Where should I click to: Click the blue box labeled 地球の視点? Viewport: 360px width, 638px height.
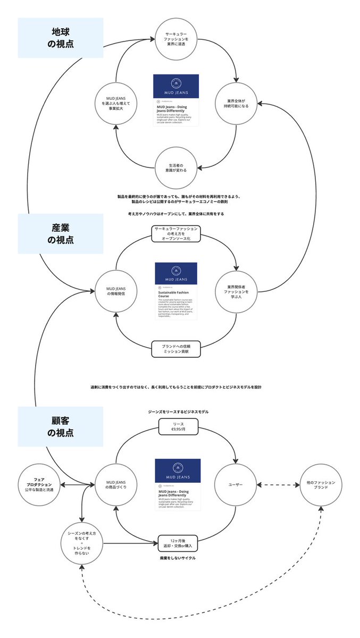pyautogui.click(x=61, y=38)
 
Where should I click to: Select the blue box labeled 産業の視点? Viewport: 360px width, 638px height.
pyautogui.click(x=61, y=233)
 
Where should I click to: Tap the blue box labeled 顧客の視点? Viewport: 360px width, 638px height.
pyautogui.click(x=61, y=426)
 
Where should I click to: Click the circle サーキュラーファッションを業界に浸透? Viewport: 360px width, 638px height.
pyautogui.click(x=176, y=39)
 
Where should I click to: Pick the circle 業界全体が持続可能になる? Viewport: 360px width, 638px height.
pyautogui.click(x=235, y=103)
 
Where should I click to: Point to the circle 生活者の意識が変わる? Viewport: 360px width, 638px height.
pyautogui.click(x=176, y=167)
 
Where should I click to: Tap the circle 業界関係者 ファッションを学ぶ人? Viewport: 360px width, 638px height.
pyautogui.click(x=235, y=292)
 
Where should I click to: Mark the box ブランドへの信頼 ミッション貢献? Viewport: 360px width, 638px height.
pyautogui.click(x=176, y=349)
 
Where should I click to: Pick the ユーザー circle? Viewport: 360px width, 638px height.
pyautogui.click(x=235, y=484)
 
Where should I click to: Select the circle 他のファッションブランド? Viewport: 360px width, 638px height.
pyautogui.click(x=321, y=485)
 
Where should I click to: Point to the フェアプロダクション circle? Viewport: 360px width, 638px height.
pyautogui.click(x=40, y=485)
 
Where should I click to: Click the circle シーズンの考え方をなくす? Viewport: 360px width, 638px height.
pyautogui.click(x=82, y=544)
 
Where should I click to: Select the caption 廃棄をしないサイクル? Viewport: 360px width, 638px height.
pyautogui.click(x=178, y=558)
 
